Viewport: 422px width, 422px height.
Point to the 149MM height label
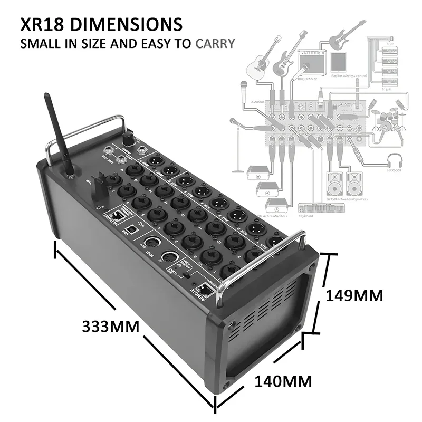point(354,295)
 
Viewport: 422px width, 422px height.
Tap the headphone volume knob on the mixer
point(127,138)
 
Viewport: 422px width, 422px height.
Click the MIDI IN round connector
point(169,258)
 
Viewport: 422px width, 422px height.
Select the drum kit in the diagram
point(387,119)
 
